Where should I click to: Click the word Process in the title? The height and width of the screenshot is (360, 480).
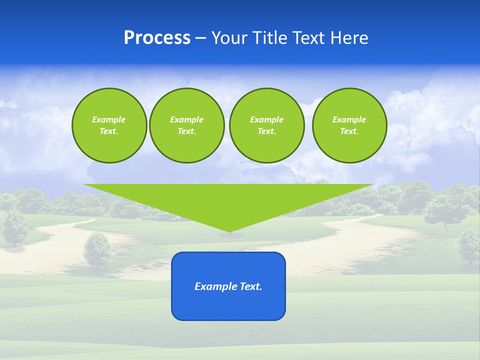click(x=157, y=38)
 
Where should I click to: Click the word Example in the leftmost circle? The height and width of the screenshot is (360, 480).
click(x=108, y=119)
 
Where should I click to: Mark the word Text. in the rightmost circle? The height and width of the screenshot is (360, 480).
click(x=349, y=131)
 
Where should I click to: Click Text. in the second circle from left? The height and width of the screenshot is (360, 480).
click(x=186, y=131)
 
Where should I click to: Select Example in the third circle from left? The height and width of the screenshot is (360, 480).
click(x=266, y=119)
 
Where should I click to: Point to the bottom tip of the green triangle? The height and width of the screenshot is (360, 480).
click(x=229, y=231)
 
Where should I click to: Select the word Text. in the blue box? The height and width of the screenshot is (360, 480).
click(x=251, y=286)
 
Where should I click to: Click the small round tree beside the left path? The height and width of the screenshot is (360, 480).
click(x=97, y=249)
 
